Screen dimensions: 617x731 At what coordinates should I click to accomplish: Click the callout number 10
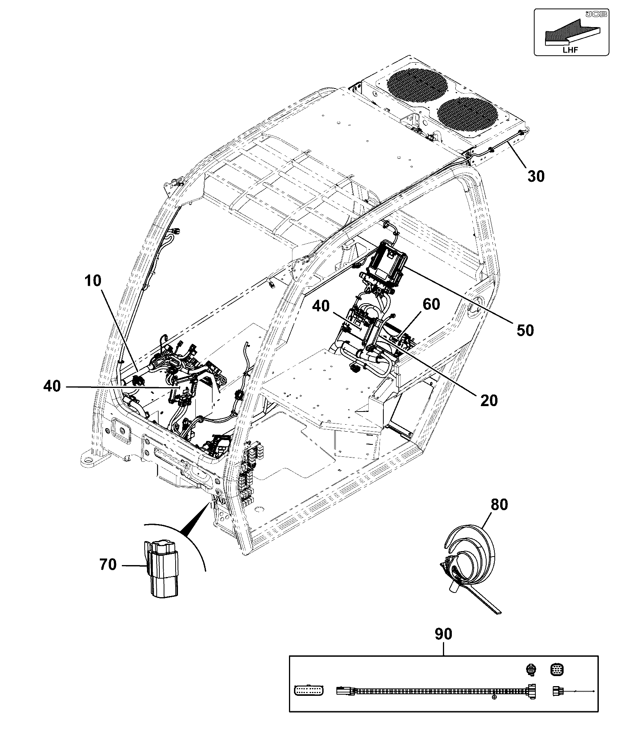[x=92, y=280]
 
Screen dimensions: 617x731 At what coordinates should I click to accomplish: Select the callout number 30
[x=536, y=176]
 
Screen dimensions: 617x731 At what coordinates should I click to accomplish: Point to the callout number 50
[x=525, y=330]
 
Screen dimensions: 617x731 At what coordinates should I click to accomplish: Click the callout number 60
[x=431, y=304]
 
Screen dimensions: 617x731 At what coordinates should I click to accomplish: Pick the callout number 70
[x=108, y=564]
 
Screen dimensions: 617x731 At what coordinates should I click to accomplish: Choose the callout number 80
[x=499, y=504]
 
